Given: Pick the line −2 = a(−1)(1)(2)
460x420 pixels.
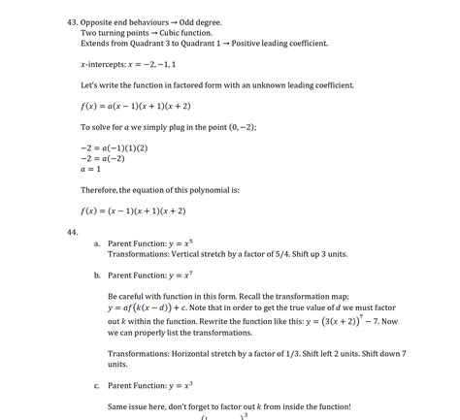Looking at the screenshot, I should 115,147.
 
